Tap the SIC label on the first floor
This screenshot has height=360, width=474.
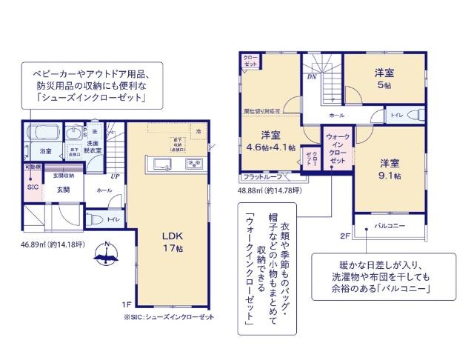[32, 187]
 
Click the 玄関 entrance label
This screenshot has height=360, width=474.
[63, 190]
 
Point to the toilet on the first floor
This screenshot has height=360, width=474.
[95, 219]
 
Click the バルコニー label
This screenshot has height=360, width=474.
[389, 225]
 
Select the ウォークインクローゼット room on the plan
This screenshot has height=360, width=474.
[336, 148]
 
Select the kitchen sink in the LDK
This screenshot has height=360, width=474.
[193, 164]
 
